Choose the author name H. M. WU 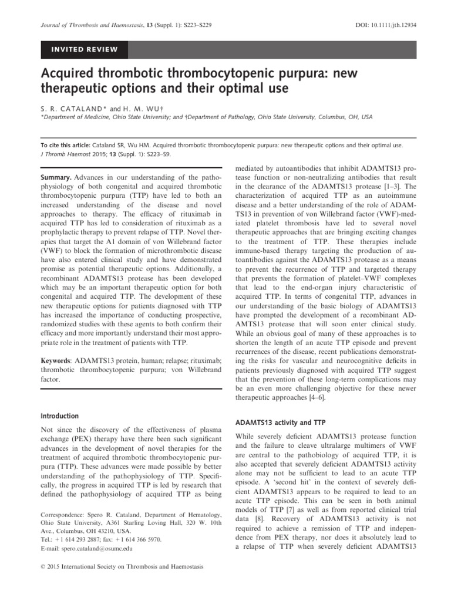point(124,108)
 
